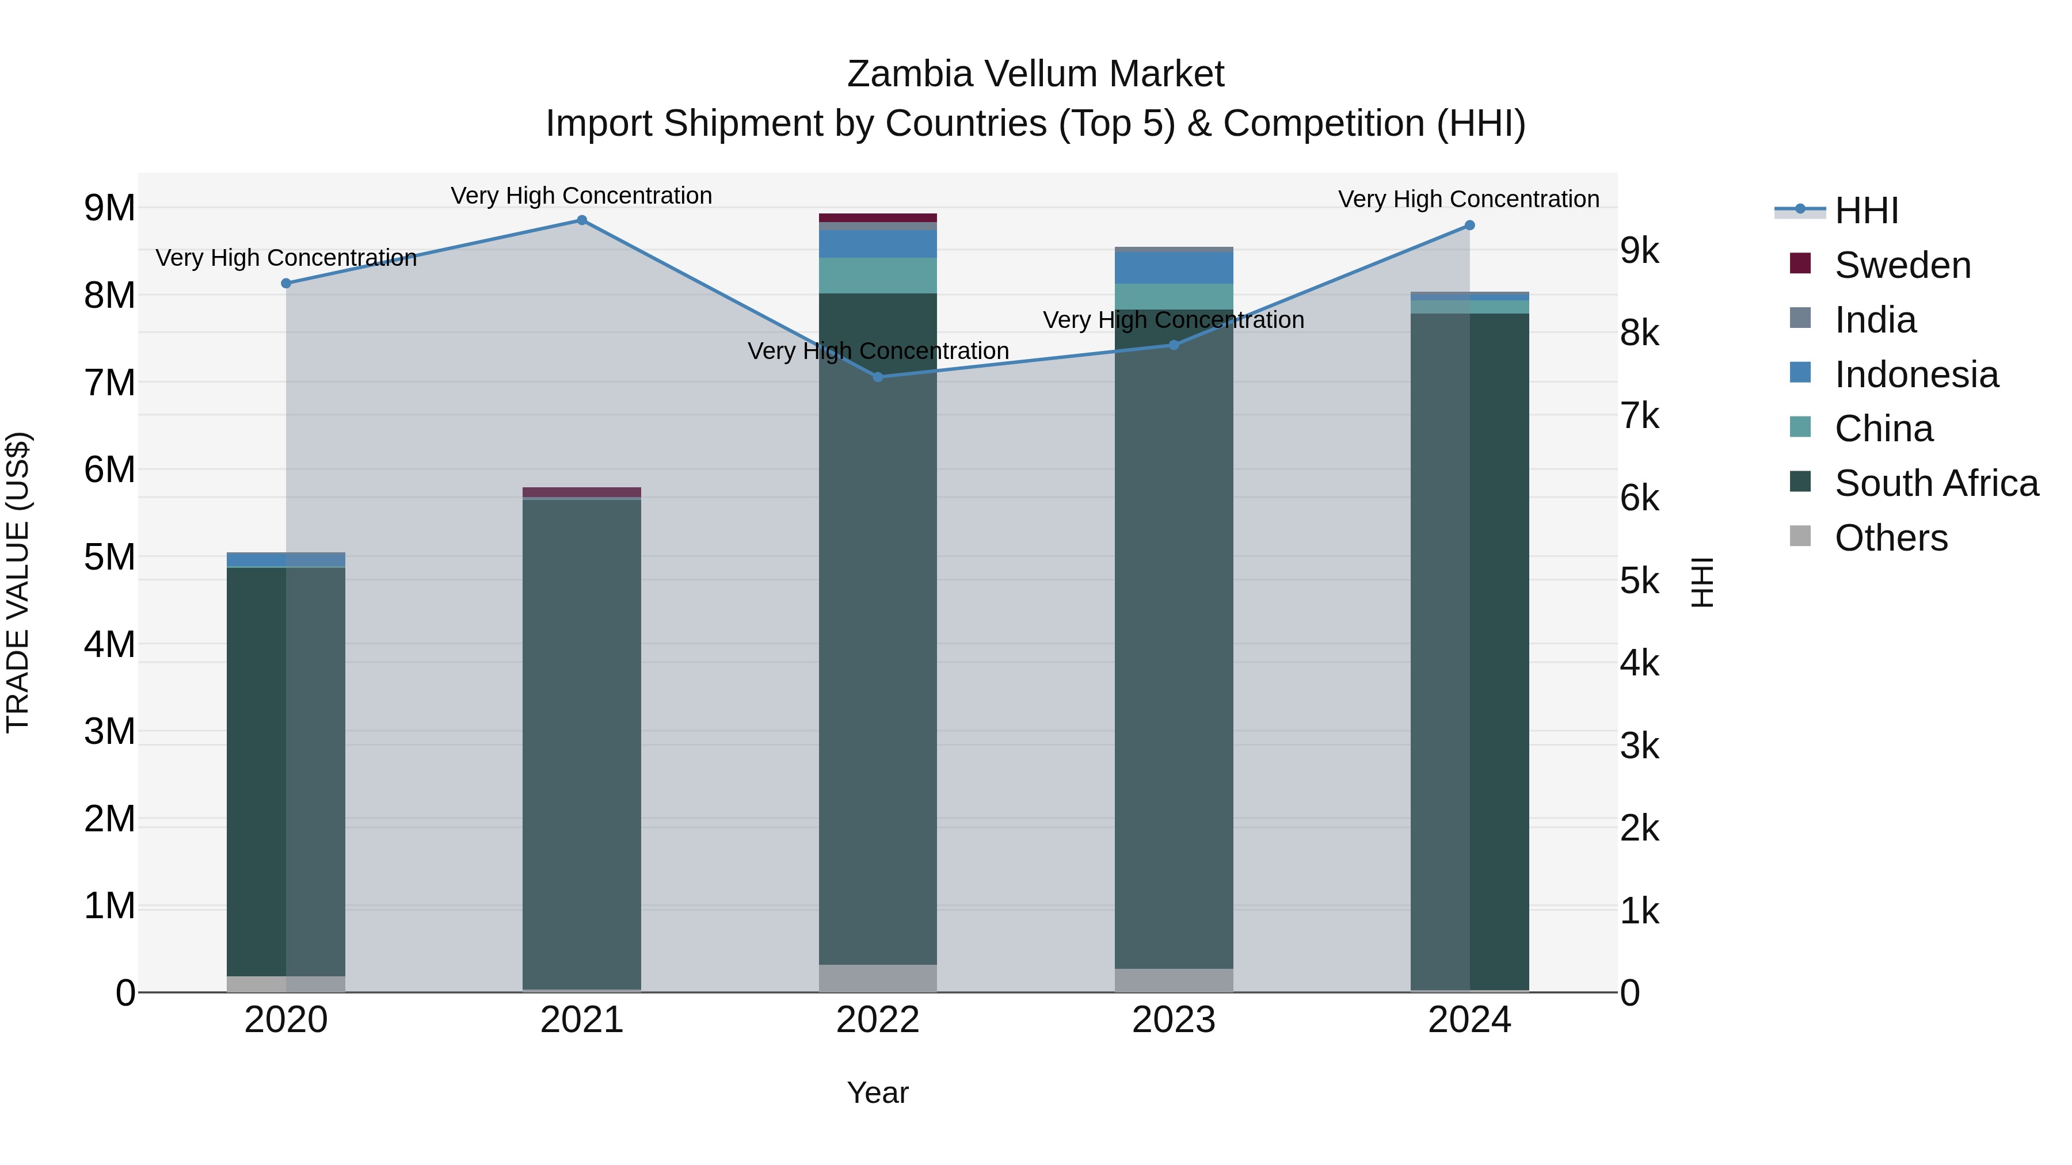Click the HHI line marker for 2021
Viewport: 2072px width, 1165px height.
tap(581, 220)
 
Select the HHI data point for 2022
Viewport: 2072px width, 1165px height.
tap(878, 377)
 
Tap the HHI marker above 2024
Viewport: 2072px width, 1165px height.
tap(1469, 226)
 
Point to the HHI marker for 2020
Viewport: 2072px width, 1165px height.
tap(287, 283)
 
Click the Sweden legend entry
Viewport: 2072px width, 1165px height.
tap(1902, 265)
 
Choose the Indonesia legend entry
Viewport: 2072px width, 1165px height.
tap(1916, 375)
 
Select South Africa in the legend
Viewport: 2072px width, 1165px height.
tap(1936, 483)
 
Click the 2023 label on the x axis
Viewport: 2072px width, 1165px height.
tap(1174, 1020)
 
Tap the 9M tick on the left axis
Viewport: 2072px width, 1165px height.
tap(109, 208)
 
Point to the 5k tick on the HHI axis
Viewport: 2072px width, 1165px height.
tap(1639, 581)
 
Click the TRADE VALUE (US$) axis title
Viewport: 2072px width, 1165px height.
tap(18, 582)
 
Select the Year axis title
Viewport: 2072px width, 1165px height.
tap(878, 1093)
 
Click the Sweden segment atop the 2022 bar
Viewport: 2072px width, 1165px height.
tap(878, 218)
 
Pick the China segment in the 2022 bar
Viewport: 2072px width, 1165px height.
tap(878, 276)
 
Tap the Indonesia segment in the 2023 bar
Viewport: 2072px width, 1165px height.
tap(1174, 268)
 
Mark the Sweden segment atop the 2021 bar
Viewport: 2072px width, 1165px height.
tap(581, 492)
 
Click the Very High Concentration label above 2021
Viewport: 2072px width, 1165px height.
tap(581, 196)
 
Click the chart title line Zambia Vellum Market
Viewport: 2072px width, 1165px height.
tap(1035, 74)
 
